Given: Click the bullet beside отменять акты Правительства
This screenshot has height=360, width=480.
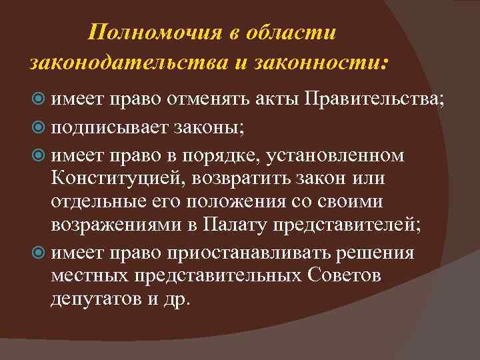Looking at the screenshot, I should (x=39, y=99).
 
